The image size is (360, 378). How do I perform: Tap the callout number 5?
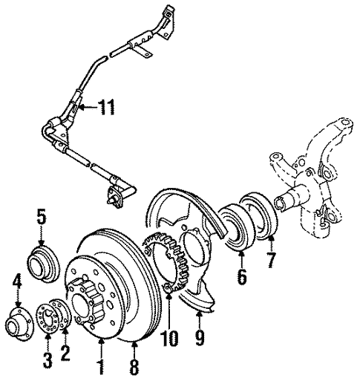[41, 219]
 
